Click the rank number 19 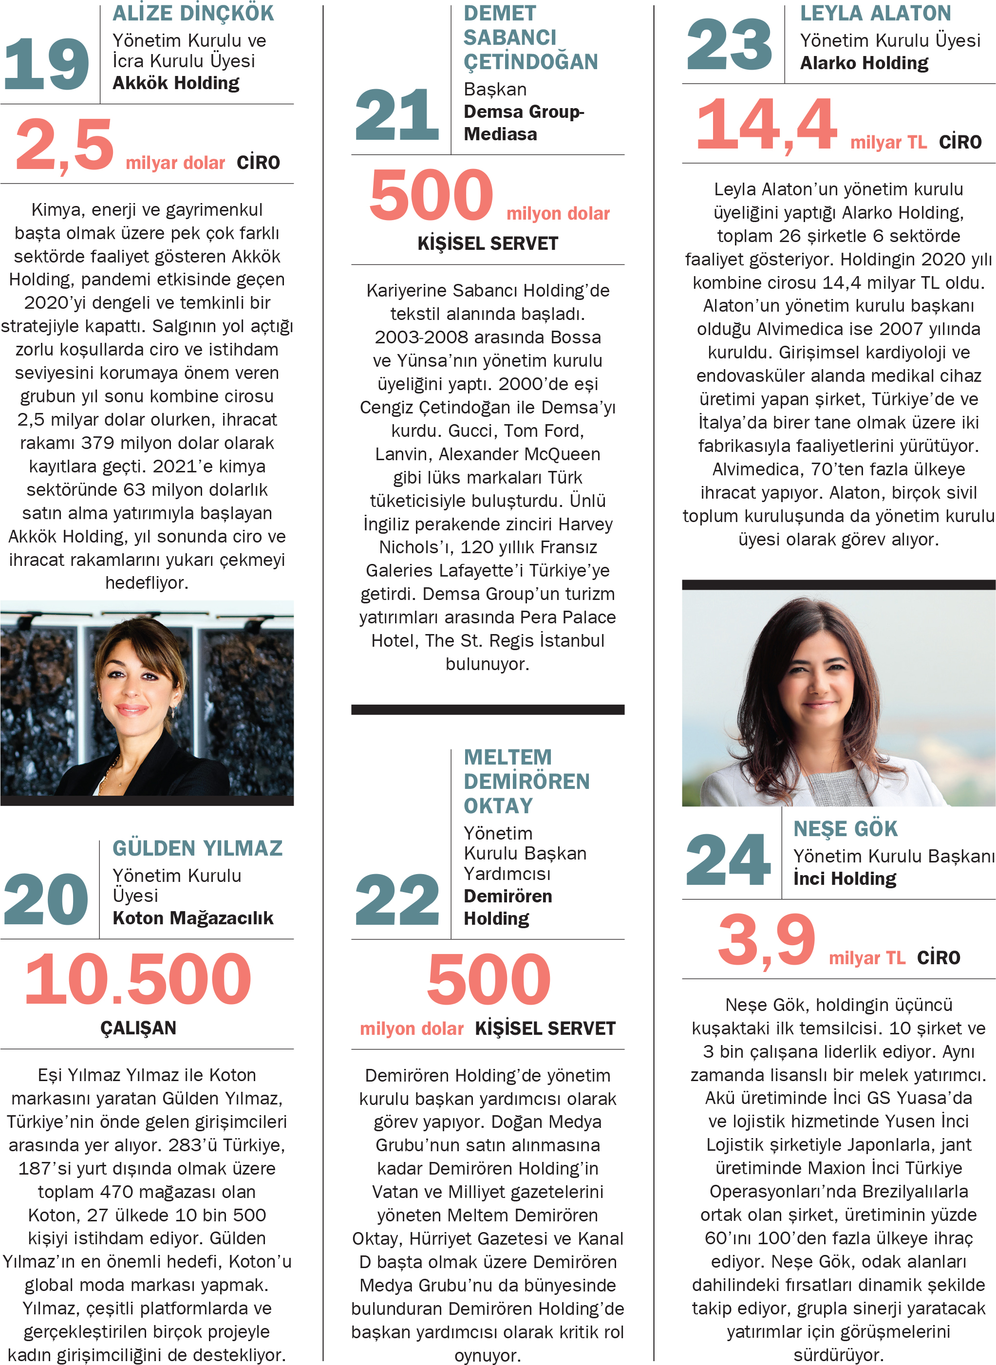[x=46, y=63]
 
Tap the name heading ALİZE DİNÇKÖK [x=193, y=13]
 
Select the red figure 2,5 [x=64, y=145]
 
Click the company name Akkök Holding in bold [x=175, y=83]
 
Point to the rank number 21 [x=397, y=114]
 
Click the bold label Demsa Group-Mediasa [x=523, y=123]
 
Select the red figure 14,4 [x=766, y=125]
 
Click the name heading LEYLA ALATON [x=875, y=13]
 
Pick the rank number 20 [x=46, y=899]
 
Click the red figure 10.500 [x=138, y=979]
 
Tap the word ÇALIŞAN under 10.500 [x=138, y=1028]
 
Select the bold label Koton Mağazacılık [x=193, y=918]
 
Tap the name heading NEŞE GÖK [x=846, y=829]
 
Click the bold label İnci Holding [x=845, y=879]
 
